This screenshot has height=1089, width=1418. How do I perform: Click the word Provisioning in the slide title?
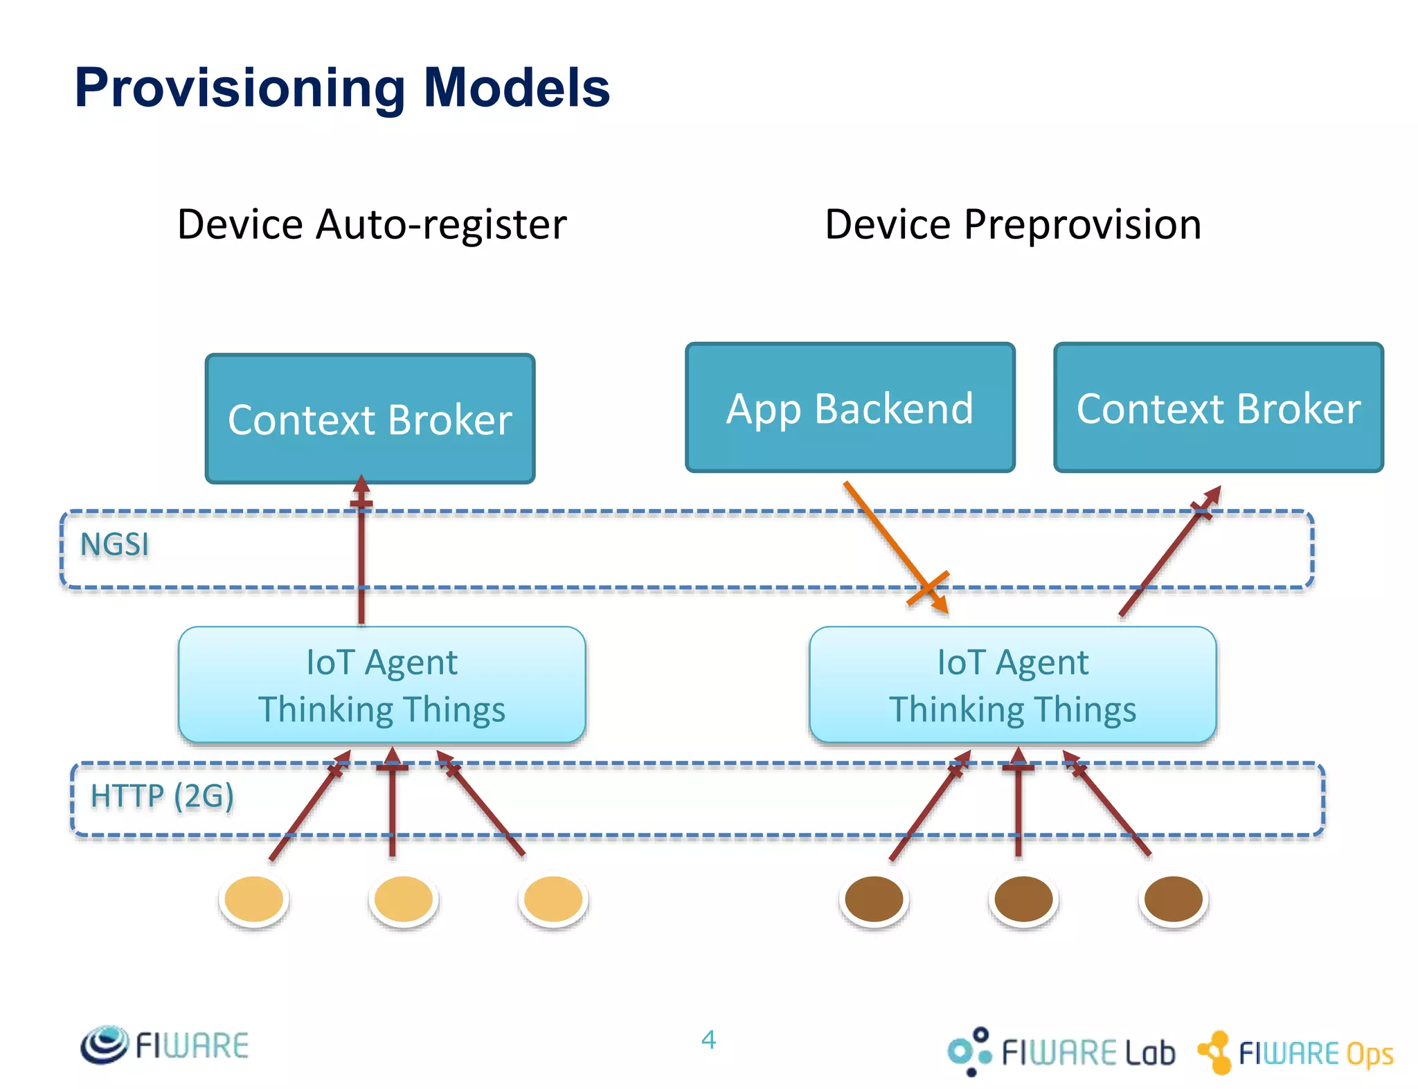[x=239, y=89]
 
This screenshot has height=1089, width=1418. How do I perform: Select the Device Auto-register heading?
[x=372, y=224]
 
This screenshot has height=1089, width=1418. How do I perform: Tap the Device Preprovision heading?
[x=1012, y=224]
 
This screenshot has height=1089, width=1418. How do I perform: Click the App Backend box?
[x=850, y=408]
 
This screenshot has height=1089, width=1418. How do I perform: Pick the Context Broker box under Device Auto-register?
[x=370, y=419]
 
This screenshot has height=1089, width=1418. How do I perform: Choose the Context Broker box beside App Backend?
[x=1218, y=408]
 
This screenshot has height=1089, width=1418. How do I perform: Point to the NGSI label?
[x=114, y=544]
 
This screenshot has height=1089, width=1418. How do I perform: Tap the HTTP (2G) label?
[x=162, y=795]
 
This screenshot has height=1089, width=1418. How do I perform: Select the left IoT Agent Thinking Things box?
[x=382, y=685]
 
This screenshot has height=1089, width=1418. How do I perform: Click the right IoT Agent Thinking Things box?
[x=1012, y=685]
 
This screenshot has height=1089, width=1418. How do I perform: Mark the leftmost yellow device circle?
[x=254, y=899]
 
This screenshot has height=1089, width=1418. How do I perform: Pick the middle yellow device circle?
[x=403, y=899]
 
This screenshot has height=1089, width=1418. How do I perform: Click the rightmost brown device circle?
[x=1173, y=899]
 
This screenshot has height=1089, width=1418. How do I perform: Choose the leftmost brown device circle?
[x=874, y=899]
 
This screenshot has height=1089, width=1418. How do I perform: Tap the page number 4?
[x=708, y=1040]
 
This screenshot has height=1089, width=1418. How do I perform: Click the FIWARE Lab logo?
[x=1061, y=1052]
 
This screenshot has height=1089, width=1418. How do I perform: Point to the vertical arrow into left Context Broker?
[x=361, y=554]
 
